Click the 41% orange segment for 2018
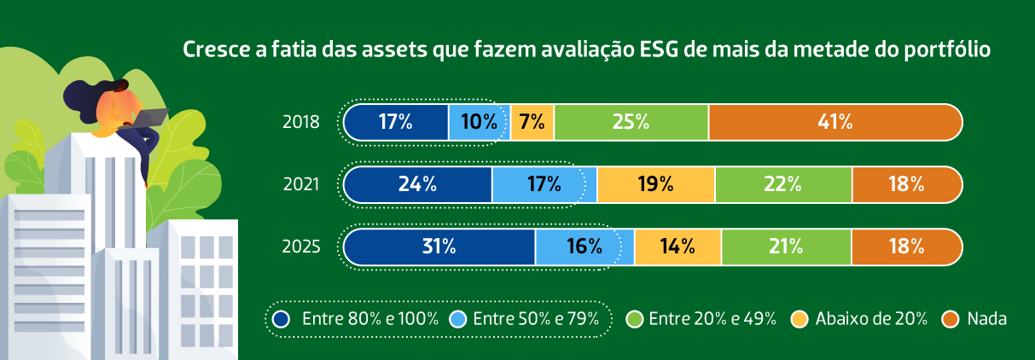pyautogui.click(x=834, y=122)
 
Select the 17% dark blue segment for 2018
pyautogui.click(x=396, y=122)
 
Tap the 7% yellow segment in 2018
pyautogui.click(x=532, y=122)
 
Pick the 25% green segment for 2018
pyautogui.click(x=631, y=122)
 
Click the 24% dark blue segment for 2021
pyautogui.click(x=418, y=183)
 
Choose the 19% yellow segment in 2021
pyautogui.click(x=655, y=183)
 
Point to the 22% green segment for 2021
pyautogui.click(x=782, y=183)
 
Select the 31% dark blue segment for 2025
pyautogui.click(x=439, y=247)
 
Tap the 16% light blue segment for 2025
pyautogui.click(x=584, y=247)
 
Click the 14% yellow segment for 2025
pyautogui.click(x=677, y=247)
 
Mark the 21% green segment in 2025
pyautogui.click(x=785, y=247)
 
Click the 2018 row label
pyautogui.click(x=300, y=122)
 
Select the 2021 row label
pyautogui.click(x=300, y=183)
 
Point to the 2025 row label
pyautogui.click(x=300, y=247)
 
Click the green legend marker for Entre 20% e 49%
pyautogui.click(x=634, y=319)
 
